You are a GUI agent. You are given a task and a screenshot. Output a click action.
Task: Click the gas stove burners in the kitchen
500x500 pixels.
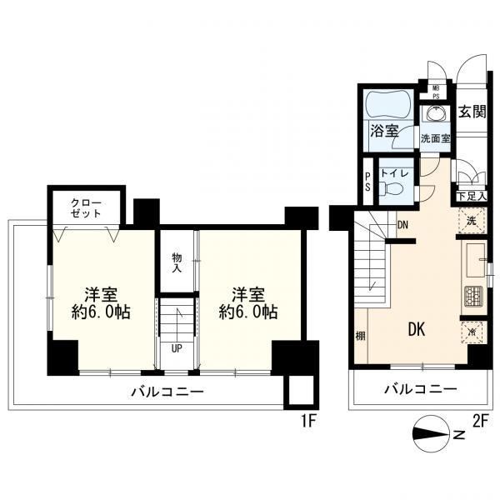click(474, 295)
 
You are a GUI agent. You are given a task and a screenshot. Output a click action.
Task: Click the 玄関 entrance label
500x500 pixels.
click(472, 112)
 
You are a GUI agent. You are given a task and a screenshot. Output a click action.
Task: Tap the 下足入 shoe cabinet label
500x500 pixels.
click(472, 196)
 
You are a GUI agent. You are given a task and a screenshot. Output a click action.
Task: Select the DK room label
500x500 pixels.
click(417, 329)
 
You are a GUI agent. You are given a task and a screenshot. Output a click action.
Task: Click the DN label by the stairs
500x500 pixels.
click(402, 225)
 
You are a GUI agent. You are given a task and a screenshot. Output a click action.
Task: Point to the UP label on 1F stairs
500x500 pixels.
click(177, 348)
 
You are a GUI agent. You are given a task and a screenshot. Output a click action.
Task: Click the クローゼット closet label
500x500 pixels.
click(86, 208)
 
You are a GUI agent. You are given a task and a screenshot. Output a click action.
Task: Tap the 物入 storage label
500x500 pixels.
click(177, 262)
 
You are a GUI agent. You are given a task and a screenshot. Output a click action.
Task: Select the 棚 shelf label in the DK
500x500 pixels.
click(360, 336)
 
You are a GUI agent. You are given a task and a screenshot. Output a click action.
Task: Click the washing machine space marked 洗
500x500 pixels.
click(472, 220)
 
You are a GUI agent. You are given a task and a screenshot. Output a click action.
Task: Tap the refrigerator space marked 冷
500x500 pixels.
click(472, 332)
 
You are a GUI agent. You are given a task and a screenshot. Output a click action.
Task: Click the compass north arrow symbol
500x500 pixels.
click(431, 433)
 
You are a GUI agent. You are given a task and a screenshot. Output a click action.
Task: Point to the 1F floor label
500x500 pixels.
click(308, 422)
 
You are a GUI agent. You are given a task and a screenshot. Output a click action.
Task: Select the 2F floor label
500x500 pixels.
click(481, 422)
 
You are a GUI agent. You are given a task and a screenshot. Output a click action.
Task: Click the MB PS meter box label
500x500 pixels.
click(436, 92)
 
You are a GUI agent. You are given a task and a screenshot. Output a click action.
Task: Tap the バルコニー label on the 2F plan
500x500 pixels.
click(421, 388)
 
